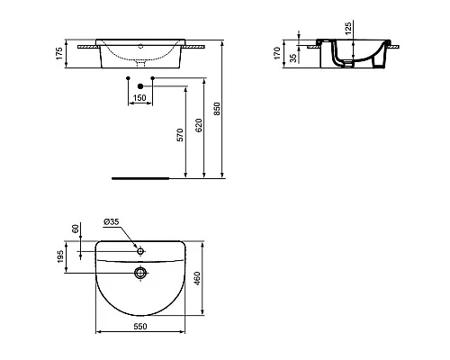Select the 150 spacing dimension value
[x=139, y=96]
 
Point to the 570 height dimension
[x=180, y=135]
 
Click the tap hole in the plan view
[x=139, y=247]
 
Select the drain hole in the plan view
[x=139, y=273]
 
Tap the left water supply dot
[x=128, y=80]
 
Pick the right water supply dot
[x=152, y=80]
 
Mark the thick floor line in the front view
[x=139, y=178]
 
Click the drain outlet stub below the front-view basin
[x=139, y=65]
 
